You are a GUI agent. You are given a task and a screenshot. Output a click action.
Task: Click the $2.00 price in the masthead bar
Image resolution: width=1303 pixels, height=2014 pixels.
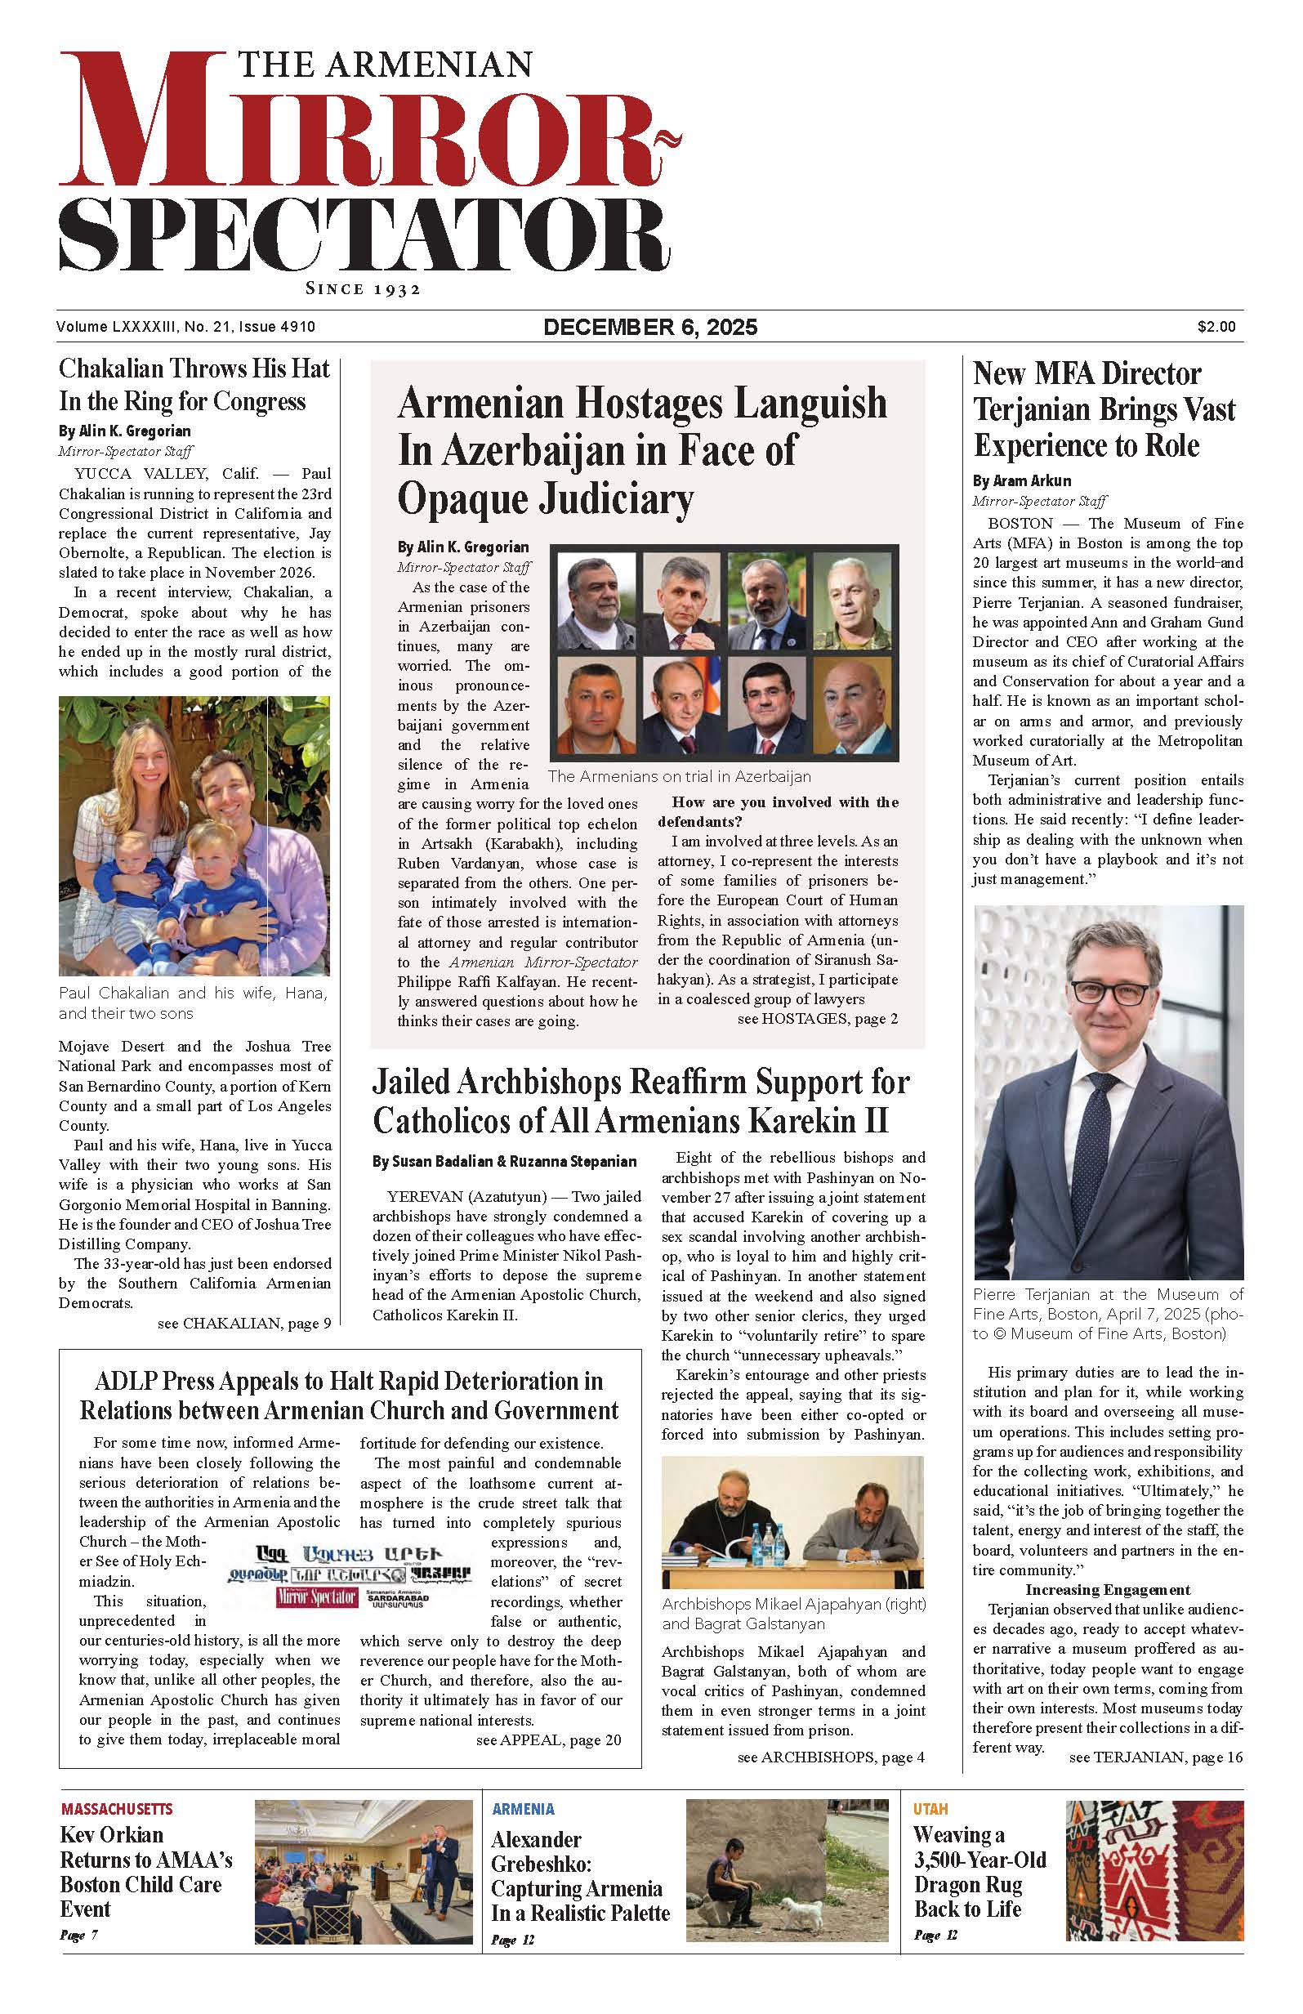pyautogui.click(x=1216, y=327)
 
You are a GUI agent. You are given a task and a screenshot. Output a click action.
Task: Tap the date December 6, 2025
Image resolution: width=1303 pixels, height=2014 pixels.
pyautogui.click(x=649, y=327)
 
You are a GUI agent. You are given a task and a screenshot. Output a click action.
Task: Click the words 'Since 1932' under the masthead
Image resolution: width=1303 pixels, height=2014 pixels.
pyautogui.click(x=363, y=289)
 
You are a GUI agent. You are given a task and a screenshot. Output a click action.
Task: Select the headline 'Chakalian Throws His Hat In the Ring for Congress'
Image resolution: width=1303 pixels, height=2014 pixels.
pyautogui.click(x=193, y=384)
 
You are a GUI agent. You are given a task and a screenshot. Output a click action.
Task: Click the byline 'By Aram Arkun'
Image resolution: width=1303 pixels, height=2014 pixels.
pyautogui.click(x=1022, y=480)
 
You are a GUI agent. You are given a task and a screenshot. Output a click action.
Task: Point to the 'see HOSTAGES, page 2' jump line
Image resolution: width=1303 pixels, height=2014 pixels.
pyautogui.click(x=817, y=1019)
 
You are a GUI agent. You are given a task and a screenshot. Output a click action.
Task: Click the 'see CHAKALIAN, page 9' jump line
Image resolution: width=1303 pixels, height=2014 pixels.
pyautogui.click(x=243, y=1323)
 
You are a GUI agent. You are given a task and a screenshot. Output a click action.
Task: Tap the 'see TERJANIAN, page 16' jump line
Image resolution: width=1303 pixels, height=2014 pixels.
pyautogui.click(x=1156, y=1757)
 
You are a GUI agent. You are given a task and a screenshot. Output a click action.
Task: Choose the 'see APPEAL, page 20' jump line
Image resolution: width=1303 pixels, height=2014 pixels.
pyautogui.click(x=548, y=1739)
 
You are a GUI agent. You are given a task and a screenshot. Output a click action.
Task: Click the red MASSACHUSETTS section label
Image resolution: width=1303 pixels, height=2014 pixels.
pyautogui.click(x=117, y=1809)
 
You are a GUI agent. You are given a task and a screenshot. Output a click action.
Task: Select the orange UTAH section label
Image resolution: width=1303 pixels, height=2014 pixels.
pyautogui.click(x=930, y=1809)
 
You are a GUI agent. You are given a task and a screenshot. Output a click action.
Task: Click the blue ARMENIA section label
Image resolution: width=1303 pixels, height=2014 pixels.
pyautogui.click(x=523, y=1809)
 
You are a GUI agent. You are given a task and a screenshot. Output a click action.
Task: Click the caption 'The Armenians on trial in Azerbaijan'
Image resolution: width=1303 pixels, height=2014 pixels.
pyautogui.click(x=679, y=777)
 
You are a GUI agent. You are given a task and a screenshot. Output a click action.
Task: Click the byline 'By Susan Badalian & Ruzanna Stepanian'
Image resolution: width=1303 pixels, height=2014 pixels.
pyautogui.click(x=504, y=1162)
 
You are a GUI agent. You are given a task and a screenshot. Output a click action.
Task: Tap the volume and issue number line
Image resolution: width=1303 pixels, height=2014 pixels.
pyautogui.click(x=186, y=327)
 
